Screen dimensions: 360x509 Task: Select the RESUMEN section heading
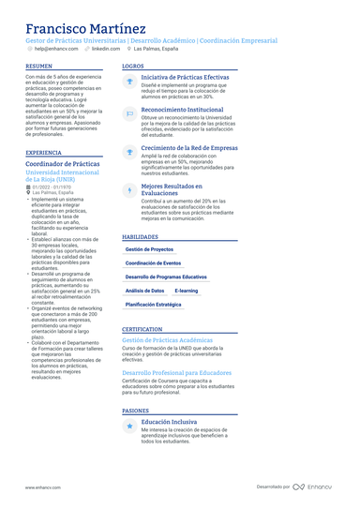pyautogui.click(x=39, y=67)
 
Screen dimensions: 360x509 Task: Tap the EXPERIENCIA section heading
pyautogui.click(x=44, y=152)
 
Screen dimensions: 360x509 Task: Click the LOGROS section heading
pyautogui.click(x=133, y=67)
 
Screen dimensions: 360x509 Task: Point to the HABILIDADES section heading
pyautogui.click(x=141, y=237)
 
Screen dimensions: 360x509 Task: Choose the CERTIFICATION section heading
pyautogui.click(x=142, y=329)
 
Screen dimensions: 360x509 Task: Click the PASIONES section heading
pyautogui.click(x=136, y=411)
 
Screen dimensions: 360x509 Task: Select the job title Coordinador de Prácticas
pyautogui.click(x=63, y=164)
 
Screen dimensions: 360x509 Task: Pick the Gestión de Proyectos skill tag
pyautogui.click(x=149, y=249)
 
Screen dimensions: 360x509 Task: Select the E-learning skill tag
pyautogui.click(x=187, y=291)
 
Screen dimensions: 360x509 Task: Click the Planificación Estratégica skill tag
pyautogui.click(x=154, y=305)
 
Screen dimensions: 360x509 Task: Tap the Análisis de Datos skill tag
pyautogui.click(x=145, y=291)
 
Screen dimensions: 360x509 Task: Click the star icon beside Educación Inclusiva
pyautogui.click(x=130, y=427)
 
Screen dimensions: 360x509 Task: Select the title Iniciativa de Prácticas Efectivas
pyautogui.click(x=184, y=77)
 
